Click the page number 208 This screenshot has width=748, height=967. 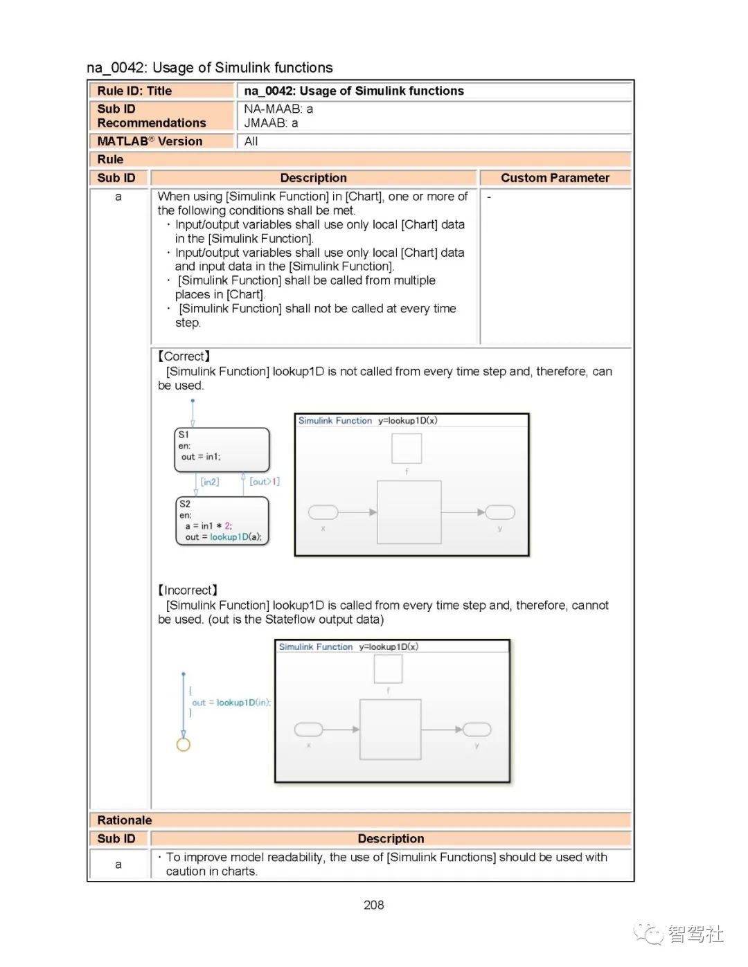(x=373, y=905)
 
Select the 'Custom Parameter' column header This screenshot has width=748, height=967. (x=555, y=178)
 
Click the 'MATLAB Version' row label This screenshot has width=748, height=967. (x=150, y=141)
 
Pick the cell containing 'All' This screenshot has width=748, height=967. (x=251, y=141)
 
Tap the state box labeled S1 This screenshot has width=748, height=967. (x=222, y=449)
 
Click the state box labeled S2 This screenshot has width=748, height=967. (x=222, y=521)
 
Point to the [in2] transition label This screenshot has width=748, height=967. (x=210, y=482)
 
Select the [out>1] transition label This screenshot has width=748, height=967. (x=265, y=481)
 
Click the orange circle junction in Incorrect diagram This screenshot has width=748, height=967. (x=184, y=745)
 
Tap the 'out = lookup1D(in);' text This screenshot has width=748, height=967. (x=231, y=703)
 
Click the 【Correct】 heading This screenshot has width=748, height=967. (x=184, y=356)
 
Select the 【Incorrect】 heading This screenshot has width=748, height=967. (x=188, y=590)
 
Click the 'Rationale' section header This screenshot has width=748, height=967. (x=125, y=820)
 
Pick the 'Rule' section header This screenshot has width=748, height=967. (x=111, y=159)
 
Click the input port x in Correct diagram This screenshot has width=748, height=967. (x=323, y=512)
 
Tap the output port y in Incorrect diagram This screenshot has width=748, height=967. (x=477, y=729)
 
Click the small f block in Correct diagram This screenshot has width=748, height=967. (x=407, y=449)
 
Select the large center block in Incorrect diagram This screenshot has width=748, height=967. (x=390, y=729)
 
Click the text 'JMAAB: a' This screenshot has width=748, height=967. (x=271, y=123)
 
